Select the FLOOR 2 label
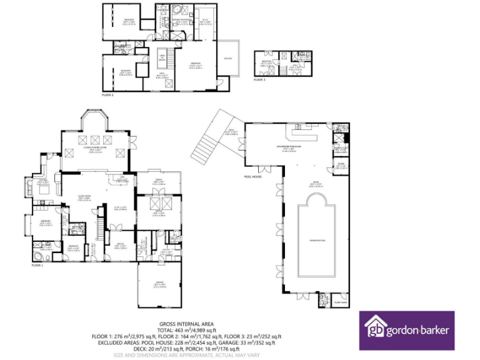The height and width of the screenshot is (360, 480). pos(107,95)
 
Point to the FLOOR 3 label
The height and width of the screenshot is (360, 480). pos(259,81)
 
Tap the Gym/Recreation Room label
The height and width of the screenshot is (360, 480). pos(289,147)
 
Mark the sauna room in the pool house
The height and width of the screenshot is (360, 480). pos(341,166)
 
